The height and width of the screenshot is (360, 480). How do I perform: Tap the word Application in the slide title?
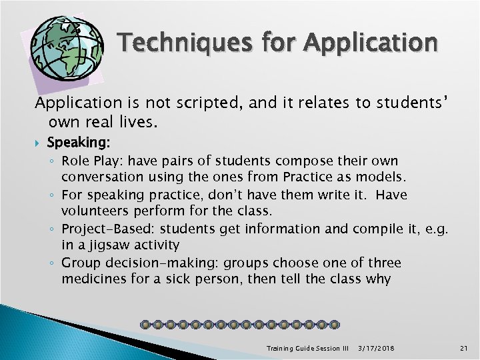point(371,44)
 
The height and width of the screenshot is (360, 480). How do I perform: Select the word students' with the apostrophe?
point(413,103)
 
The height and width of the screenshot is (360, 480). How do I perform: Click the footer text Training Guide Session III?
point(307,349)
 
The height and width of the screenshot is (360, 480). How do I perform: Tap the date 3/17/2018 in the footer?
point(376,349)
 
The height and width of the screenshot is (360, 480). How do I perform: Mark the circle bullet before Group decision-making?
point(53,263)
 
